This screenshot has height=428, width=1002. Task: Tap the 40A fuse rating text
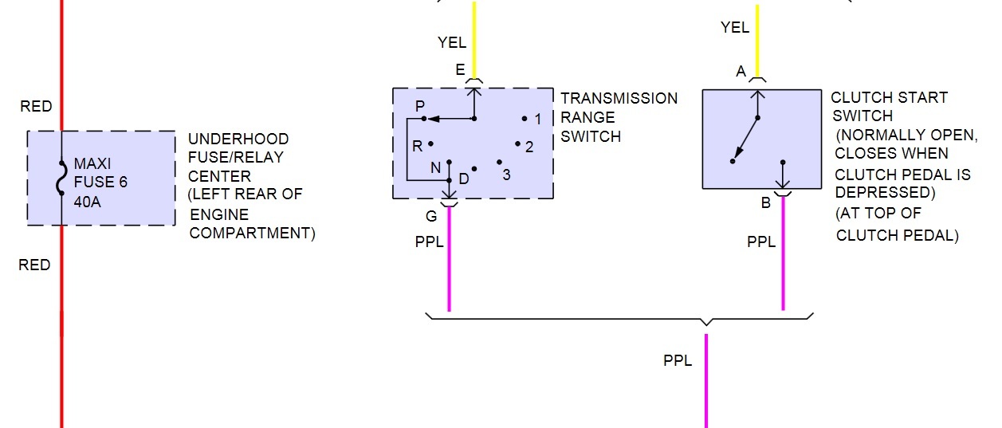(x=88, y=200)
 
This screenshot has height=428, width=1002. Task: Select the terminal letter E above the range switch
(x=460, y=70)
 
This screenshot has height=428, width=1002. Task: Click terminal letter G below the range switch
(x=432, y=215)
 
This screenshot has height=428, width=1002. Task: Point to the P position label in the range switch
(x=419, y=106)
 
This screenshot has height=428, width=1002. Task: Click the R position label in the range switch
(x=417, y=146)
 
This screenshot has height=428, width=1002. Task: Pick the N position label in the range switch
(x=434, y=167)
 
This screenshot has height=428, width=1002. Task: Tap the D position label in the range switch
(x=463, y=178)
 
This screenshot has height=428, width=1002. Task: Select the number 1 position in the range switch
(x=538, y=120)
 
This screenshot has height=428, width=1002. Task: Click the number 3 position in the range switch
(x=506, y=174)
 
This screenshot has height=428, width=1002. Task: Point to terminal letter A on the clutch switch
(x=741, y=72)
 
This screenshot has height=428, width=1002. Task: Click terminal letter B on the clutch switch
(x=765, y=202)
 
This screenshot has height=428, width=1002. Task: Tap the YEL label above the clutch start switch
(x=734, y=28)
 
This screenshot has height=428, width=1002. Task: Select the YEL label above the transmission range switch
(x=452, y=42)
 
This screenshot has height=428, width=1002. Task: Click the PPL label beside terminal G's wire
(x=430, y=241)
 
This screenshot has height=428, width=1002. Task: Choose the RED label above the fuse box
(x=36, y=107)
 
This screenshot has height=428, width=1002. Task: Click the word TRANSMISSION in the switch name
(x=619, y=98)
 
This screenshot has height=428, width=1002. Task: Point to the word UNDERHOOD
(x=238, y=139)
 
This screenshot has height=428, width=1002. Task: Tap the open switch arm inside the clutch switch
(x=745, y=139)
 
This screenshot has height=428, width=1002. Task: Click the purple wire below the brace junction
(x=705, y=383)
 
